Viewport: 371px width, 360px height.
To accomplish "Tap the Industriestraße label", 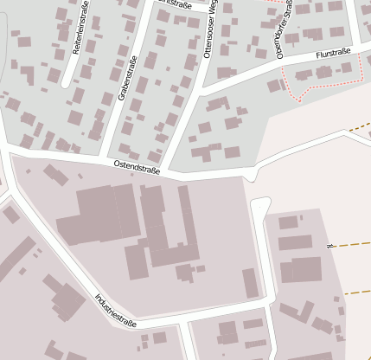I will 116,311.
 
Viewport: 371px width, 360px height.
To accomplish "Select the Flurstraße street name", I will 333,54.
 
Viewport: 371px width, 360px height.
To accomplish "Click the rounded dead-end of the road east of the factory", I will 259,207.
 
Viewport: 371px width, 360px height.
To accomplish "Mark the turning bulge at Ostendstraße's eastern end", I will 250,176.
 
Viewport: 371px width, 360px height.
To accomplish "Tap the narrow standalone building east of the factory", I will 250,283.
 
